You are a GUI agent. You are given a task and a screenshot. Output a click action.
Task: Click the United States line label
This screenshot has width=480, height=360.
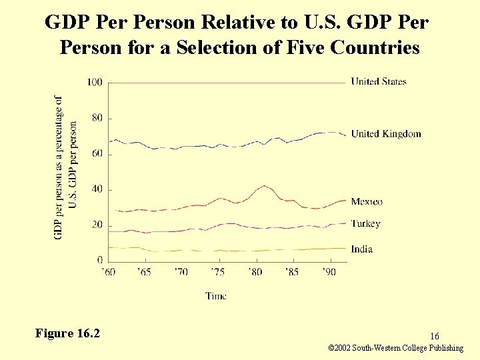378,82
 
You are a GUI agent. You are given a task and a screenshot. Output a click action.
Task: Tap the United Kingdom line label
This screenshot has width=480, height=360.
386,134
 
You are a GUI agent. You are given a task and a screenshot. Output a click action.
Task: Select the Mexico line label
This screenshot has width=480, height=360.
367,201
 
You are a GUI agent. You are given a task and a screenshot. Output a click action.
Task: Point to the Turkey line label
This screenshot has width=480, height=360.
365,223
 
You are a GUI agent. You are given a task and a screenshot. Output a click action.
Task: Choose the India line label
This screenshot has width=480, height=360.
361,249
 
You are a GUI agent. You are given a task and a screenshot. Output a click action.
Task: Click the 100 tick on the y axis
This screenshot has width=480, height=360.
95,82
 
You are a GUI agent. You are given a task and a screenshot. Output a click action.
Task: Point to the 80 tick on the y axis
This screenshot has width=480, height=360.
97,118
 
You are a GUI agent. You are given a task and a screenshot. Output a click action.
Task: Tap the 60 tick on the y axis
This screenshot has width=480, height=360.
97,154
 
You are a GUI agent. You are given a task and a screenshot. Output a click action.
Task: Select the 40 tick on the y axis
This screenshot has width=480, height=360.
97,189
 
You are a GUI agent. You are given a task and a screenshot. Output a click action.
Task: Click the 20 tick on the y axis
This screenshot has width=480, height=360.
97,225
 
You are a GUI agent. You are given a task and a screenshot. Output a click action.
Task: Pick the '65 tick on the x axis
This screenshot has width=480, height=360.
143,272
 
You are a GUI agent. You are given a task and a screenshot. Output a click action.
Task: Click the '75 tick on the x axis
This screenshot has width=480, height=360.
217,272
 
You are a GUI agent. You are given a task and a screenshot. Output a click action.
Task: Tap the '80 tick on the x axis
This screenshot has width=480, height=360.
255,272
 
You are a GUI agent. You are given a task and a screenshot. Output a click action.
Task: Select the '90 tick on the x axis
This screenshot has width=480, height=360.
329,272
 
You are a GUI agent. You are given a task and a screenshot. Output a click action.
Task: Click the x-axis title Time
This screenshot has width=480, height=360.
216,296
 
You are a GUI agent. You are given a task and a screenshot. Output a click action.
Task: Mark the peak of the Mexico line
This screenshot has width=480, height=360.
265,186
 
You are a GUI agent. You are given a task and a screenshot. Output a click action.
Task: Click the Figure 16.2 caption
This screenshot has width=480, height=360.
67,333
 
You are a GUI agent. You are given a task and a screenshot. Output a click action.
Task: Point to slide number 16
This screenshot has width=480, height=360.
434,337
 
